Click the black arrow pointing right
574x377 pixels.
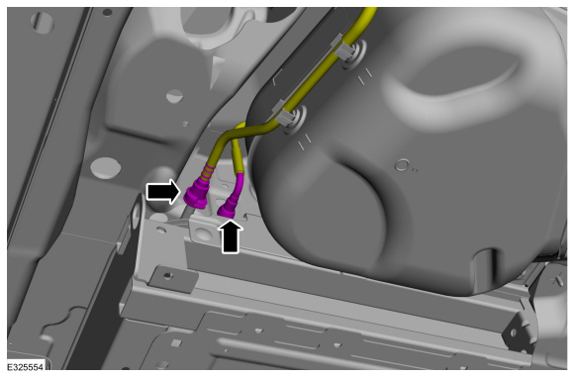(x=163, y=192)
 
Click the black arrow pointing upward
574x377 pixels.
(x=231, y=236)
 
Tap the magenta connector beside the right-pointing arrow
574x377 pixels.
(x=197, y=193)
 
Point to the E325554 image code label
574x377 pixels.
(x=26, y=367)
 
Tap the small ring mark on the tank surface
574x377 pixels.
(x=402, y=165)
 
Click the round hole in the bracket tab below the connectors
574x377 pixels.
(x=203, y=233)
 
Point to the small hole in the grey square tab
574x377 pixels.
(x=168, y=274)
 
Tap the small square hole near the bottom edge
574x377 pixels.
(x=176, y=342)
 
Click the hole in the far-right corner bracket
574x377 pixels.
(x=514, y=332)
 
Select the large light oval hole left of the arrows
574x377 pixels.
(x=106, y=168)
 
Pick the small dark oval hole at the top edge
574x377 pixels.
(x=107, y=13)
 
